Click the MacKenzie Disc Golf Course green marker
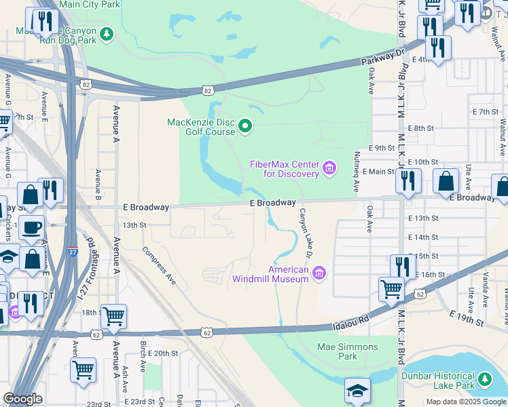point(245,125)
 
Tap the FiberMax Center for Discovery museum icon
point(329,168)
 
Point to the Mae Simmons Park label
point(346,351)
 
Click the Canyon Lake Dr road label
point(304,233)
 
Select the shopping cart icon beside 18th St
point(114,315)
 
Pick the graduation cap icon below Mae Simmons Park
point(357,389)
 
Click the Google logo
point(22,399)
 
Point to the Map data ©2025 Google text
point(466,402)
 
